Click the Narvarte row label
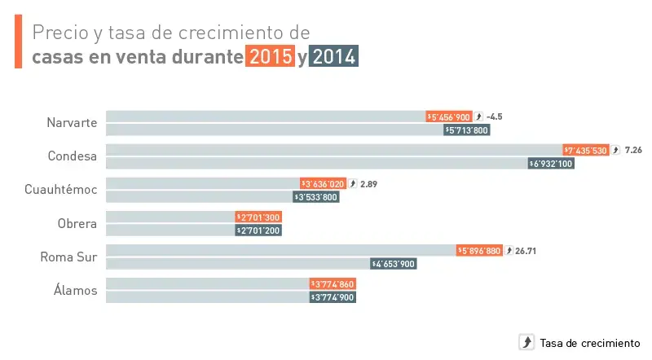point(73,123)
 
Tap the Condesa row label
point(73,156)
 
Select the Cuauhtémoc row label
point(61,190)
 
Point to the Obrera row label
point(77,224)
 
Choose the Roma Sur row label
point(69,257)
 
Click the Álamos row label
point(77,291)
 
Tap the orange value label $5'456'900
point(449,117)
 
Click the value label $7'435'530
point(586,151)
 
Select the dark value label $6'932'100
point(552,163)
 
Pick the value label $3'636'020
point(323,184)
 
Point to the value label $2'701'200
point(258,230)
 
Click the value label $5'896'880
point(479,251)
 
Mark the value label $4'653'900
point(394,264)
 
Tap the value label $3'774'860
point(333,284)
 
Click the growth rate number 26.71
point(526,251)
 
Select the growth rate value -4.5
point(494,117)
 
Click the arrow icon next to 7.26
point(616,151)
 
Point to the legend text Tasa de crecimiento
point(590,343)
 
